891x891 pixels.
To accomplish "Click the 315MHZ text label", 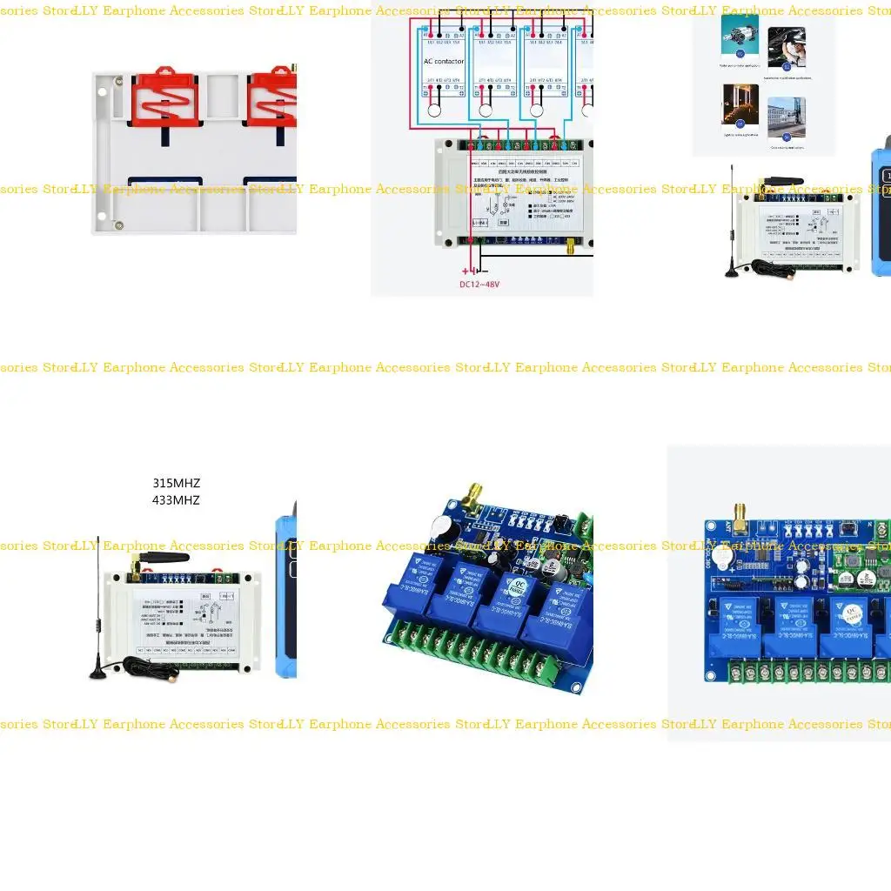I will (x=176, y=483).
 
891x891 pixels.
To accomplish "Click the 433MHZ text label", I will (x=176, y=500).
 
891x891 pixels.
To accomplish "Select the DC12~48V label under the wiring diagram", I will (x=479, y=285).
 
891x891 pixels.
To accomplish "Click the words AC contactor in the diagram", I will (x=444, y=62).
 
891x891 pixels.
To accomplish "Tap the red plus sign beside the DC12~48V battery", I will (x=466, y=271).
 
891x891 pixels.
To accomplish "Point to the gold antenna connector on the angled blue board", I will (x=474, y=499).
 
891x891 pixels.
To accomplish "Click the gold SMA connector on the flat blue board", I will (x=741, y=519).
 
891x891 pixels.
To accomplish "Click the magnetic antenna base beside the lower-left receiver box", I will (x=97, y=672).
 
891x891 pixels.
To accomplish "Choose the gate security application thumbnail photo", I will (x=787, y=116).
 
